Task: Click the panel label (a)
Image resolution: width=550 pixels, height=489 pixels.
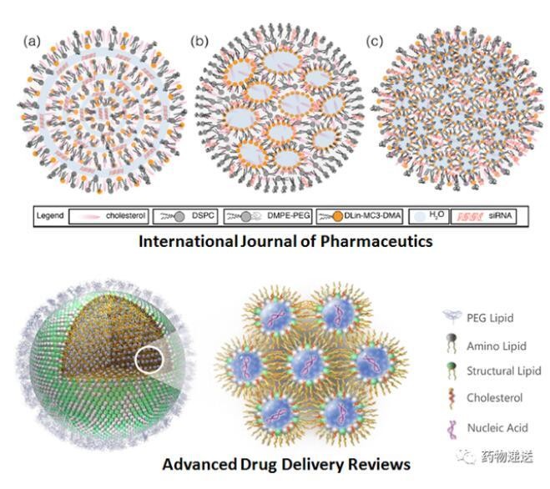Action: pos(32,42)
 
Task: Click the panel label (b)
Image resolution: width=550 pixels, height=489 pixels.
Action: pos(199,42)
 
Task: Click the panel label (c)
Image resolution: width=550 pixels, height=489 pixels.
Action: pos(374,42)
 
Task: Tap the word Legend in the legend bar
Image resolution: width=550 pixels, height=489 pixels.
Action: pos(50,215)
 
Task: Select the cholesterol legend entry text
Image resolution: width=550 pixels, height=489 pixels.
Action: pos(125,216)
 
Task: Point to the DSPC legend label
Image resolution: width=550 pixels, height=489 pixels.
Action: pos(203,216)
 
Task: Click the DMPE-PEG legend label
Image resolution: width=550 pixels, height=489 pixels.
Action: pos(289,216)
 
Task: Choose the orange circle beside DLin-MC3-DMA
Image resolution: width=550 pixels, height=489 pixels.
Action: pos(337,216)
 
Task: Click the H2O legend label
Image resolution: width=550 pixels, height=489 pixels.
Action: pos(436,215)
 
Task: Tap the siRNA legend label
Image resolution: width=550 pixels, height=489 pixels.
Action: pos(500,216)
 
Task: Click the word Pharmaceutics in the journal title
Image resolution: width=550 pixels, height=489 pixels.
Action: pos(376,241)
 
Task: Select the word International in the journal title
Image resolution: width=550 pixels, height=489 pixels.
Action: pos(188,241)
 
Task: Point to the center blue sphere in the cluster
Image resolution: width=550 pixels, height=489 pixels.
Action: pos(308,364)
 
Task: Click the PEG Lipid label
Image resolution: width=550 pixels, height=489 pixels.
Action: pos(490,318)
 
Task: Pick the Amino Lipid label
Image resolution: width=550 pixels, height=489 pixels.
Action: pos(497,346)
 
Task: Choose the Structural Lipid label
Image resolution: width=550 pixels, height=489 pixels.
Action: pos(504,371)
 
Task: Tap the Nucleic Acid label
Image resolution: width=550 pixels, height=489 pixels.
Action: pos(497,427)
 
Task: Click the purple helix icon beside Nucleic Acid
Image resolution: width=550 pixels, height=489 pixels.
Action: pos(452,428)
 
